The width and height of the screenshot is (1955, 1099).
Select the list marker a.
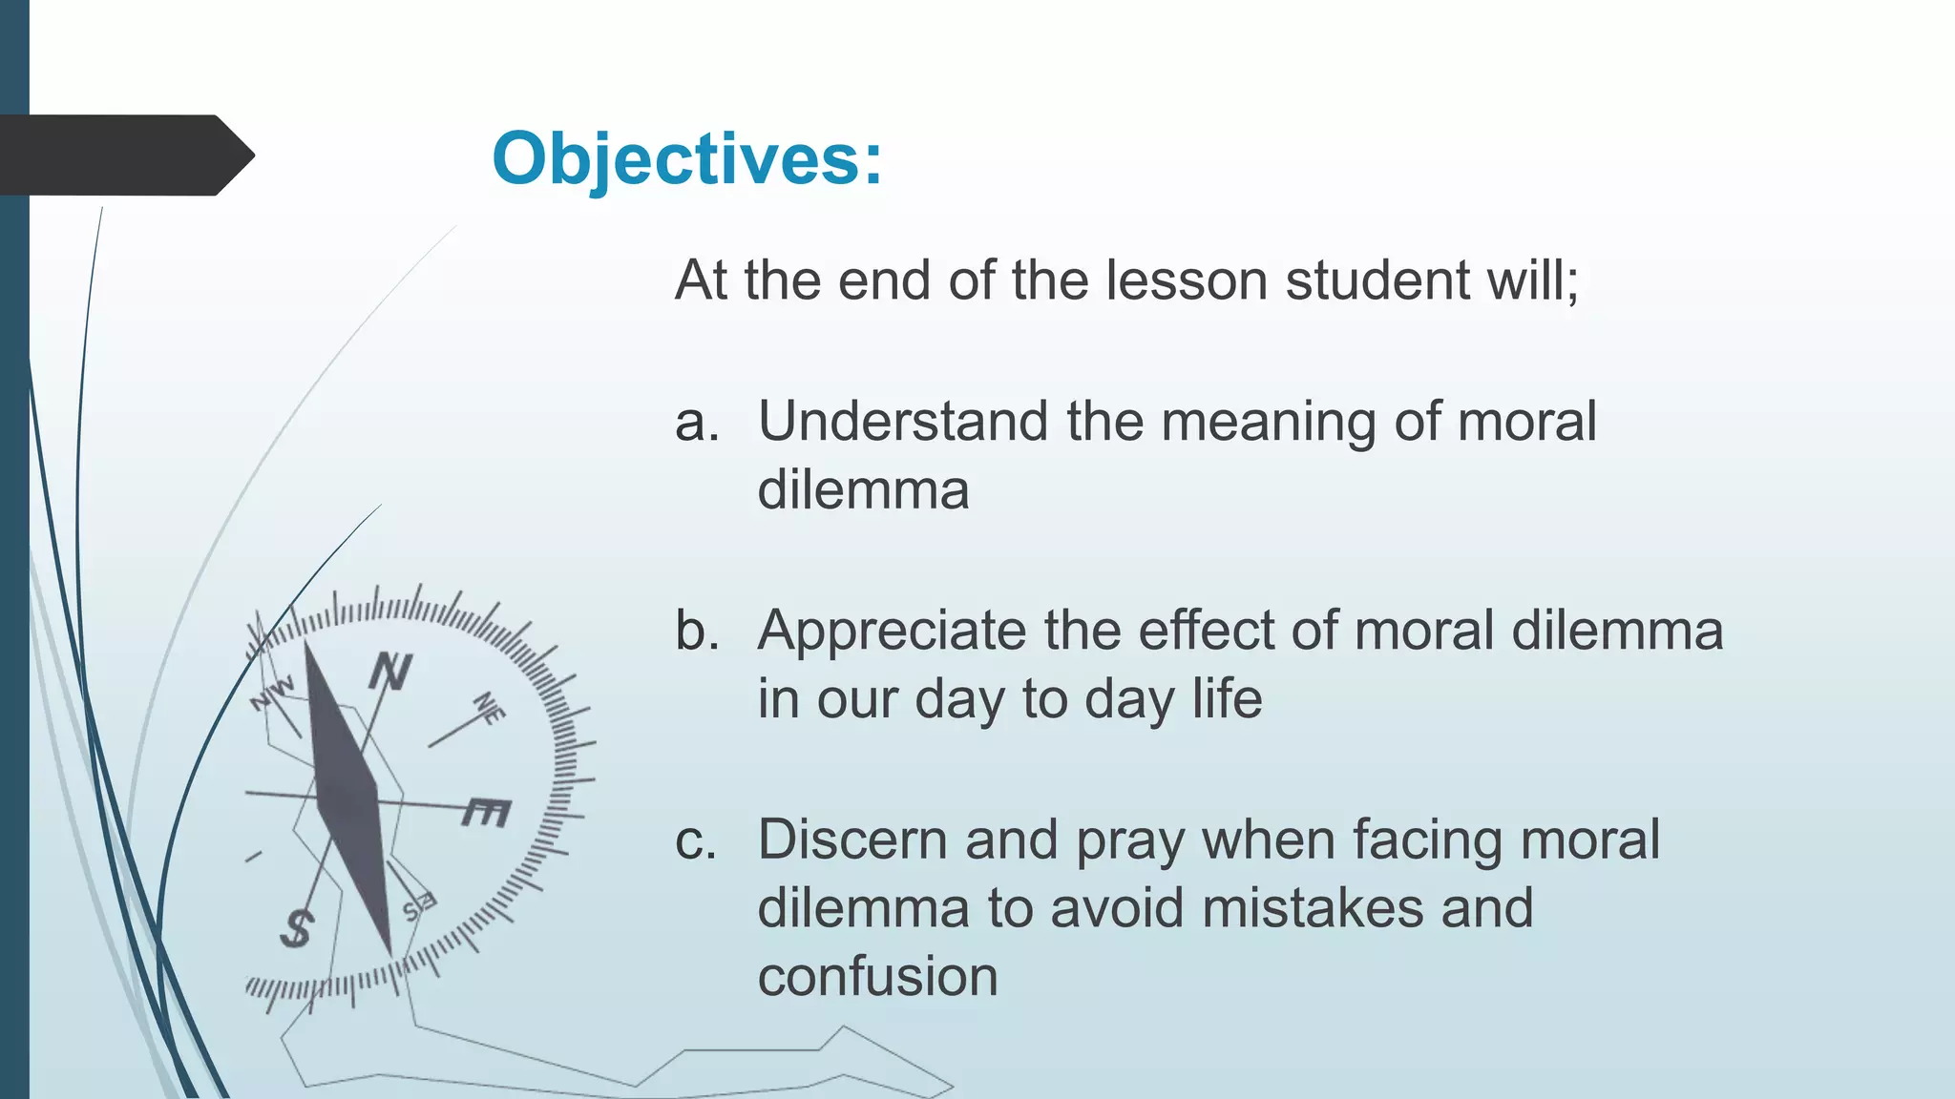[696, 422]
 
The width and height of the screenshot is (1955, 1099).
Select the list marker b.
[696, 631]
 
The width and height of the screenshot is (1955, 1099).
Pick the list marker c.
[695, 840]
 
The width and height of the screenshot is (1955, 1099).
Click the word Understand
[903, 422]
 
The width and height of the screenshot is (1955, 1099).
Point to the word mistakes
[1313, 908]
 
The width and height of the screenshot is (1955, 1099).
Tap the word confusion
[877, 977]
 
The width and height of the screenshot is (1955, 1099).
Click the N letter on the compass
[390, 672]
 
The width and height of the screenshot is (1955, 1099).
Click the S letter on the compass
[297, 928]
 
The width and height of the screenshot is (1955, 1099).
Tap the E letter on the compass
[487, 812]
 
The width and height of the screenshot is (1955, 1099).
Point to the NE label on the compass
[490, 708]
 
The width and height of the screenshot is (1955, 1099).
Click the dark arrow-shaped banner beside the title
[124, 156]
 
